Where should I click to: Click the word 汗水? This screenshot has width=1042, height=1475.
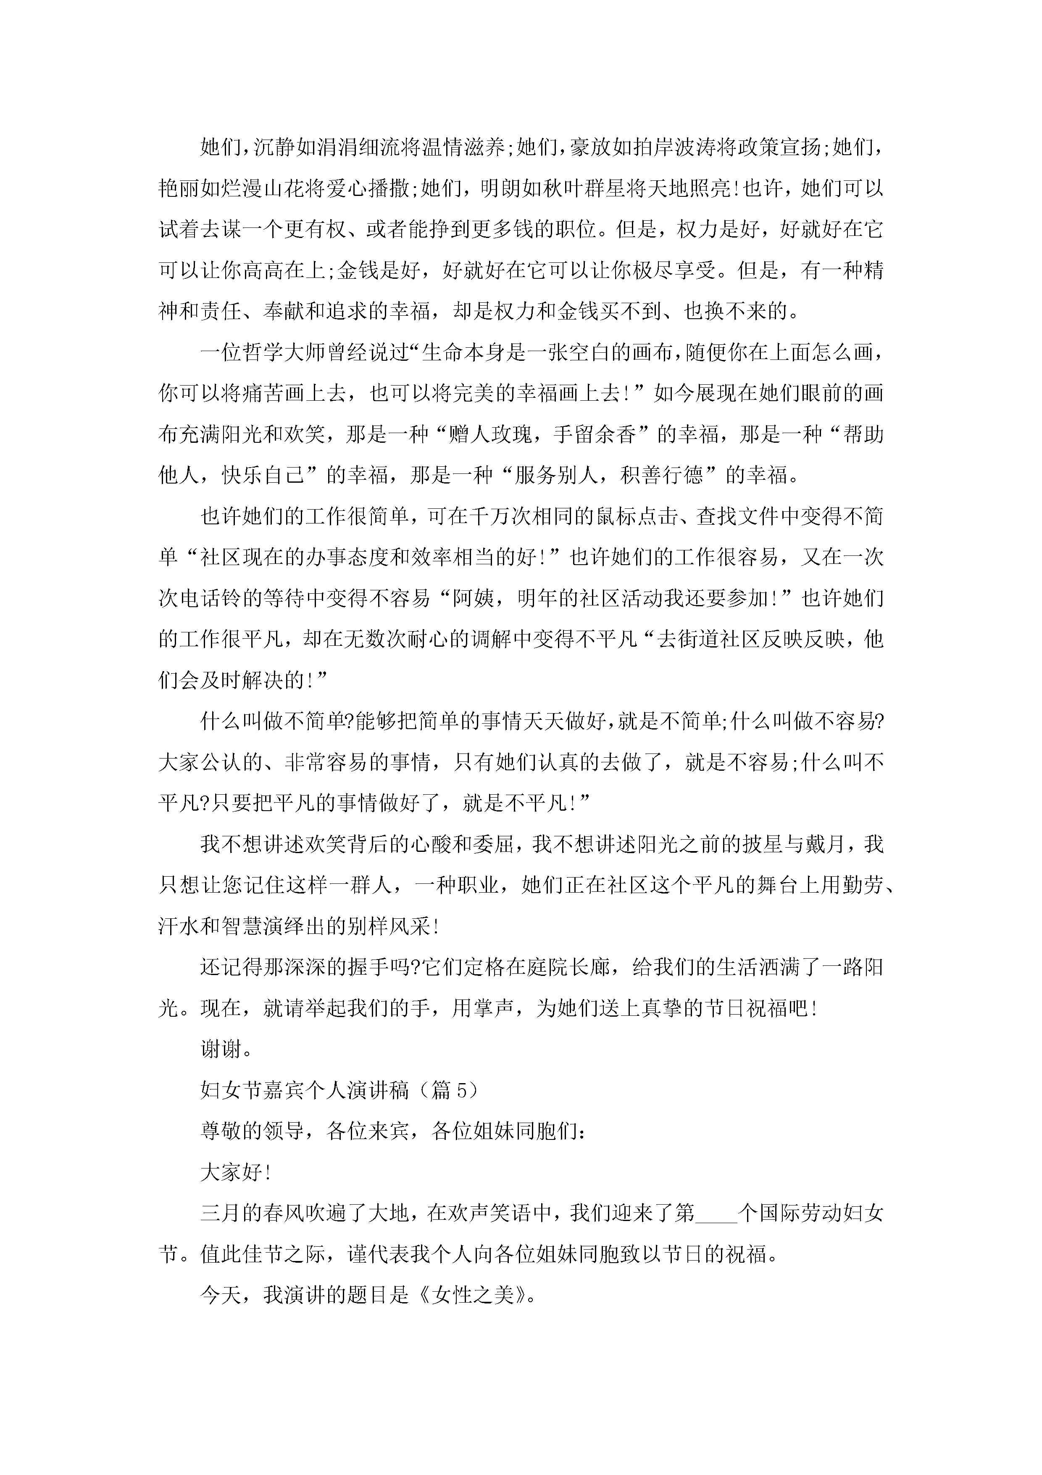point(179,926)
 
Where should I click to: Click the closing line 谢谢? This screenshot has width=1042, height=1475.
point(221,1049)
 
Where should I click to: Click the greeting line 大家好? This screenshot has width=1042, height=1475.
point(236,1172)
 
